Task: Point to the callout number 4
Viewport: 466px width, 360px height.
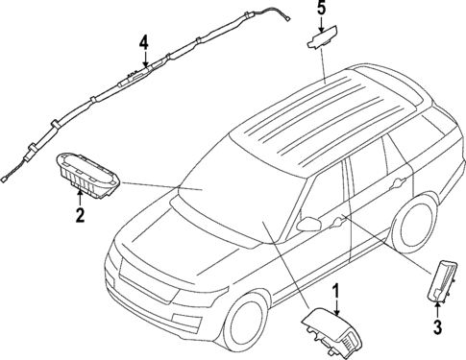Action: [142, 42]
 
